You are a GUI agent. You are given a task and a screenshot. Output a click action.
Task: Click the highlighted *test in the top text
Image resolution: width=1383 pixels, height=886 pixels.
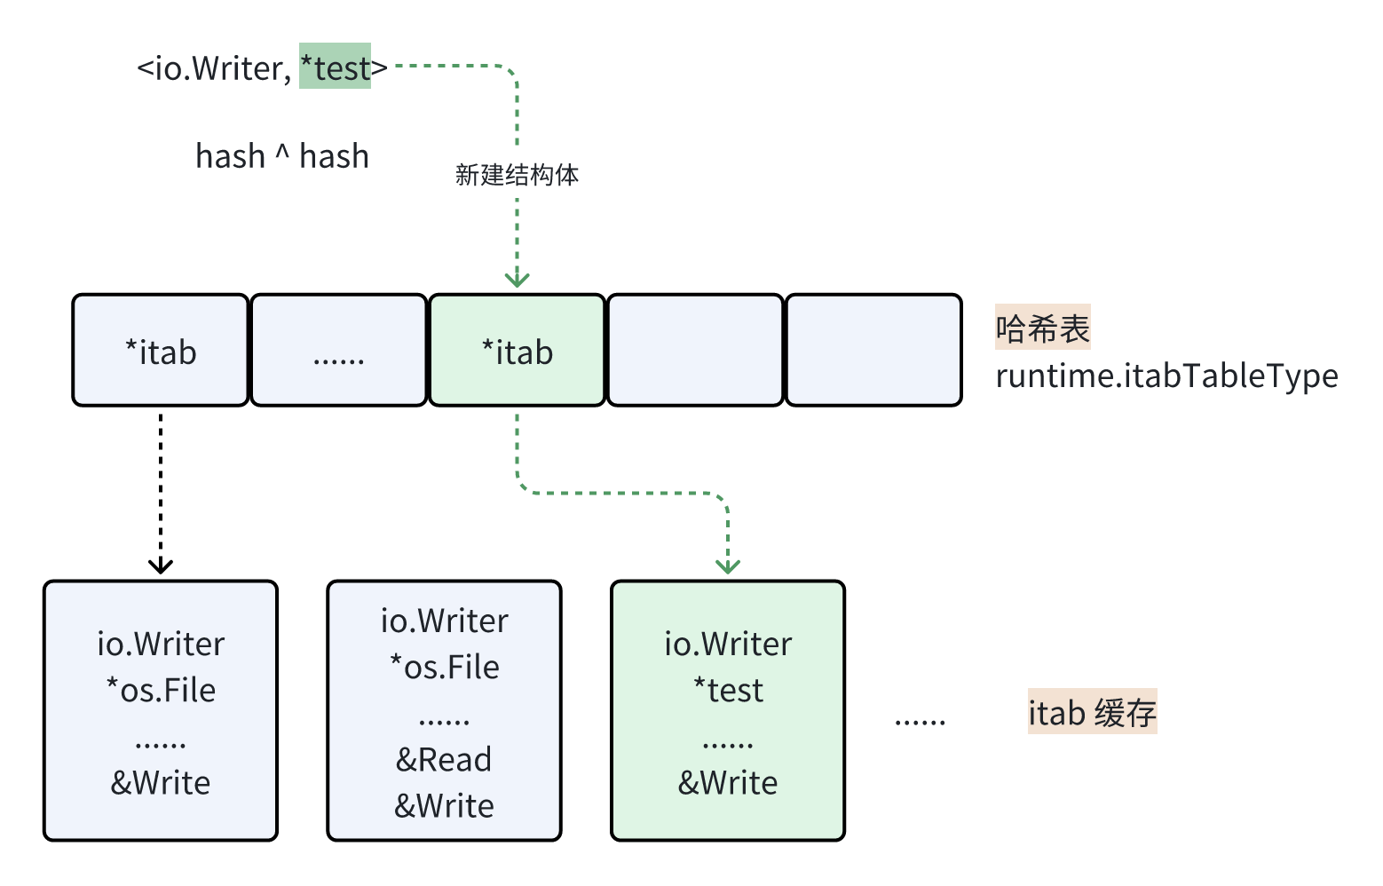pyautogui.click(x=335, y=67)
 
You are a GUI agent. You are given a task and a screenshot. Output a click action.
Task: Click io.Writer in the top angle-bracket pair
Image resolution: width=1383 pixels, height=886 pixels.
pyautogui.click(x=218, y=68)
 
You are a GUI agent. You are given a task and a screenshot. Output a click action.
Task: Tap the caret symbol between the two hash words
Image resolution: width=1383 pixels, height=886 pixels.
pyautogui.click(x=282, y=153)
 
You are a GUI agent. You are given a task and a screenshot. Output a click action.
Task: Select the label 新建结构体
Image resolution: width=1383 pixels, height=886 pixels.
pyautogui.click(x=517, y=175)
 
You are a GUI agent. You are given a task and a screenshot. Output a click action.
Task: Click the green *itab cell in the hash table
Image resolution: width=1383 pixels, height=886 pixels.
pyautogui.click(x=517, y=352)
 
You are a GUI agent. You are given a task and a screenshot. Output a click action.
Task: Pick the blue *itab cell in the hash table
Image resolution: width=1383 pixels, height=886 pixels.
pyautogui.click(x=161, y=352)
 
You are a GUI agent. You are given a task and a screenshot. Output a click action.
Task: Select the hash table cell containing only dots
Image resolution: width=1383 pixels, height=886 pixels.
pyautogui.click(x=339, y=352)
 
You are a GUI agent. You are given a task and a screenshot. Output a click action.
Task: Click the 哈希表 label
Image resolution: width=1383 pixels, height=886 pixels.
pyautogui.click(x=1042, y=328)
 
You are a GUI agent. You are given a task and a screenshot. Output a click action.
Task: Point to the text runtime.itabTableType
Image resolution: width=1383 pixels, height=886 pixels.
pyautogui.click(x=1166, y=376)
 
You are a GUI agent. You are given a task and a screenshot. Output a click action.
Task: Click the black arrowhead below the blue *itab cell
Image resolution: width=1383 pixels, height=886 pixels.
pyautogui.click(x=161, y=566)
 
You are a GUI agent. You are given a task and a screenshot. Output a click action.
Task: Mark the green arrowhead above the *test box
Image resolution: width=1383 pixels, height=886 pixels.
pyautogui.click(x=728, y=566)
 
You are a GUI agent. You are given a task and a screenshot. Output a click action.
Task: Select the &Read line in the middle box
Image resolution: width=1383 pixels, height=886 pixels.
pyautogui.click(x=444, y=759)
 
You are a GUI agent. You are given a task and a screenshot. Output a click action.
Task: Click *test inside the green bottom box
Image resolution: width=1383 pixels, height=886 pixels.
pyautogui.click(x=728, y=690)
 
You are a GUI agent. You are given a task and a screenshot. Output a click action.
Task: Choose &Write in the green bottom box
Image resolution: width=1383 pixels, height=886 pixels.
pyautogui.click(x=728, y=782)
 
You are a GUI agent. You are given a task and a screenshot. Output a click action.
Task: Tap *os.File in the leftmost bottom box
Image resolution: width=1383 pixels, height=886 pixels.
pyautogui.click(x=161, y=690)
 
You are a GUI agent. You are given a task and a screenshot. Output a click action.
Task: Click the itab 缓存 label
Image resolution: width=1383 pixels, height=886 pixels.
pyautogui.click(x=1092, y=712)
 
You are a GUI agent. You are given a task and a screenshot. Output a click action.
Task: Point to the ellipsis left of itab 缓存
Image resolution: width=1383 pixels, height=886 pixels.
pyautogui.click(x=920, y=721)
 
